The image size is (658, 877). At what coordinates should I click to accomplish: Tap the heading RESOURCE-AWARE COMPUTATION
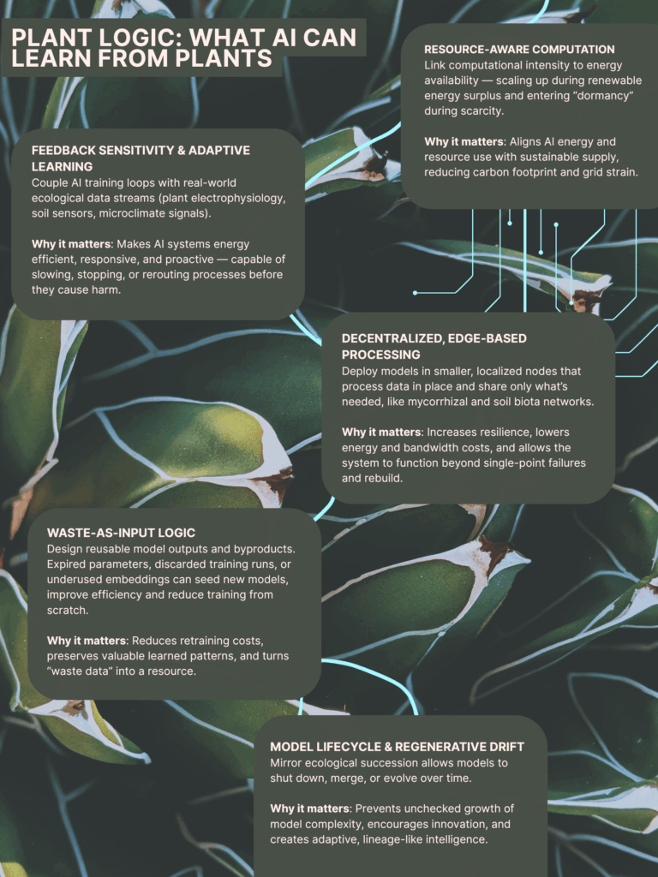tap(519, 49)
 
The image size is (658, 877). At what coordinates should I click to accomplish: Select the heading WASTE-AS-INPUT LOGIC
tap(121, 533)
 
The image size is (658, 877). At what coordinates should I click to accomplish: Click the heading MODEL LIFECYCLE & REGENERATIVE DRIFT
tap(398, 747)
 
